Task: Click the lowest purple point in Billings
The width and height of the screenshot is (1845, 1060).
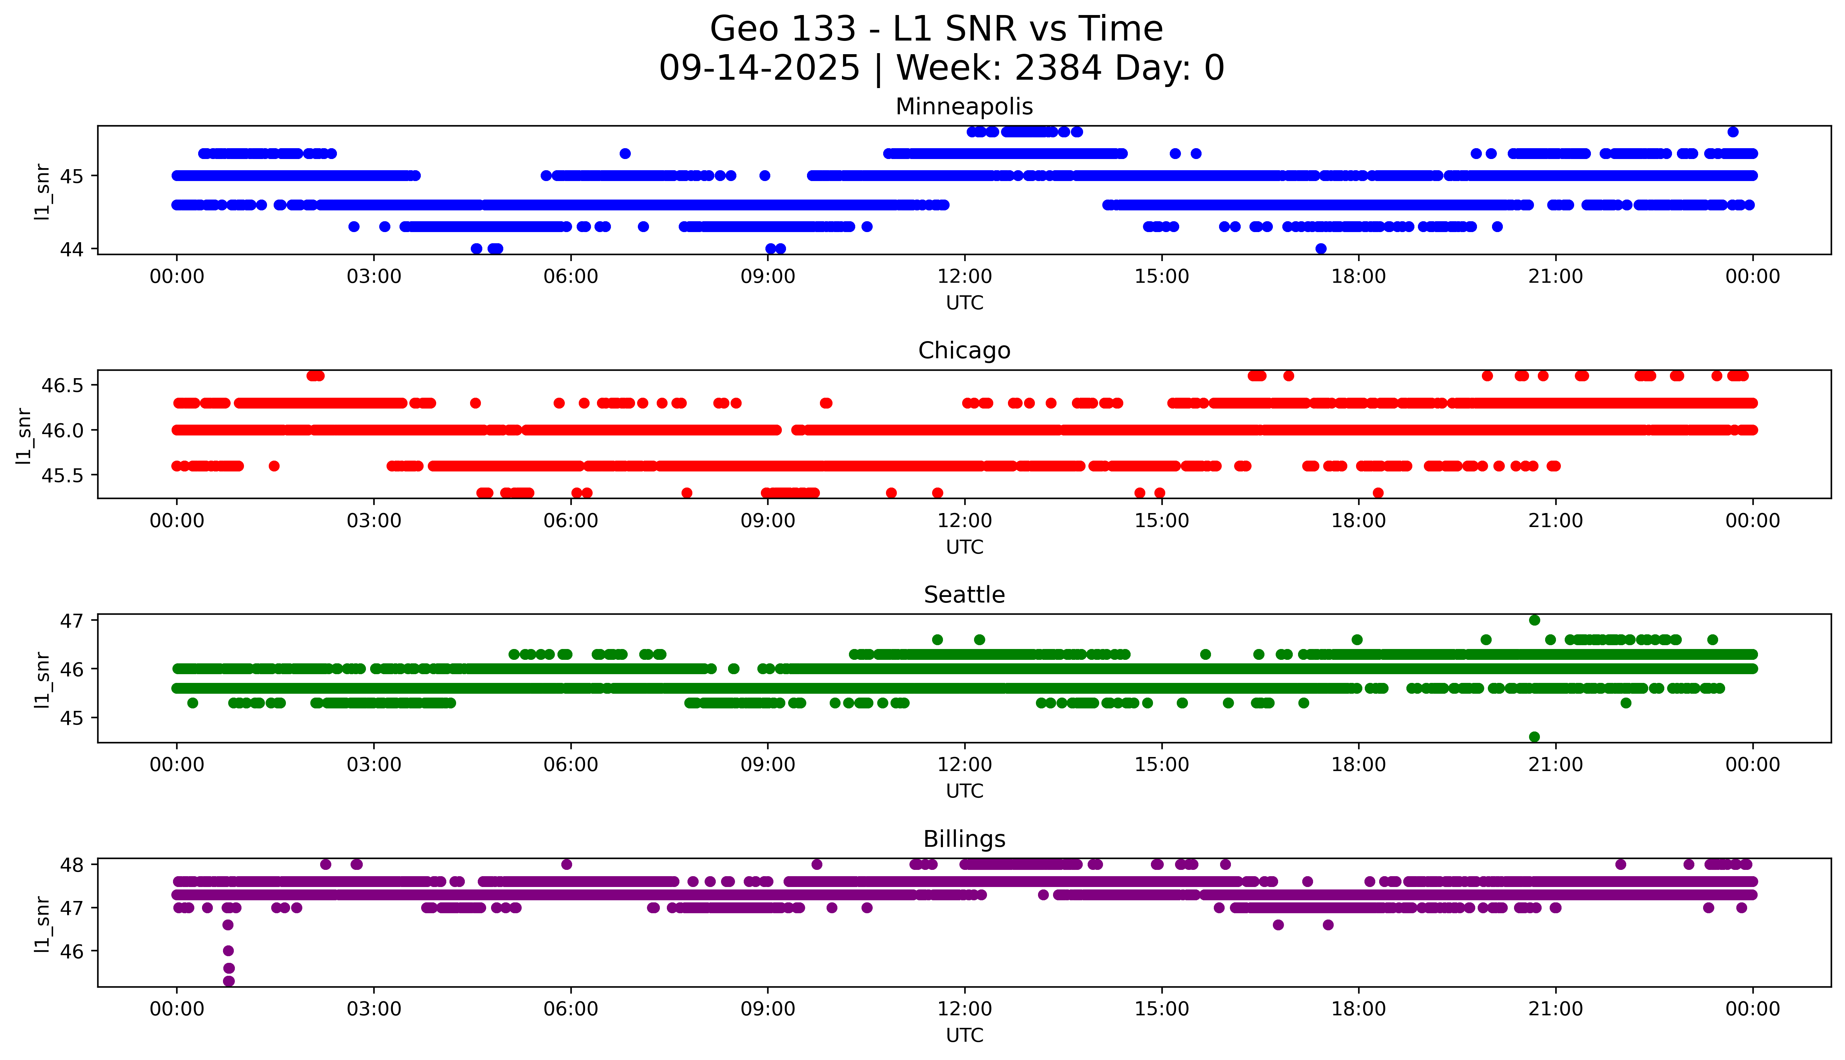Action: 229,981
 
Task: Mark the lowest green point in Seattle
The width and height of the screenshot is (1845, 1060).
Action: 1534,737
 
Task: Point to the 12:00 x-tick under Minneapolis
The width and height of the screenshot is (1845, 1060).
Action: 964,277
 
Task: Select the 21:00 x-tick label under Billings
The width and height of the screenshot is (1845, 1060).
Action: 1555,1009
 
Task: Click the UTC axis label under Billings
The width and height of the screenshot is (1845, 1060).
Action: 964,1034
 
